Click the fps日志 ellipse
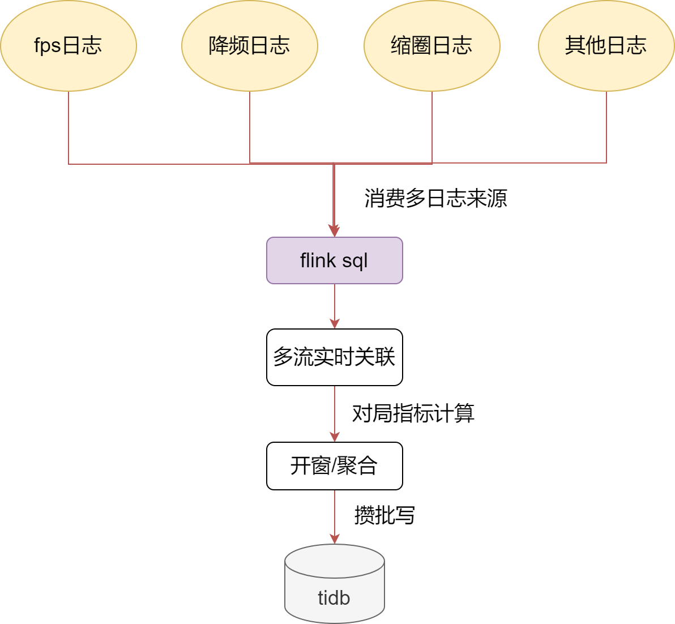pyautogui.click(x=69, y=45)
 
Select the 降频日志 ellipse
pyautogui.click(x=250, y=45)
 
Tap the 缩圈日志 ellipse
pyautogui.click(x=432, y=45)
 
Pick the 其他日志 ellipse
pyautogui.click(x=606, y=45)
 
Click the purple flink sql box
pyautogui.click(x=335, y=260)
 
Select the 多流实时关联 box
pyautogui.click(x=335, y=357)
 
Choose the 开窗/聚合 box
pyautogui.click(x=335, y=466)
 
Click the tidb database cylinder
pyautogui.click(x=335, y=583)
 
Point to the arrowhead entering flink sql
pyautogui.click(x=335, y=231)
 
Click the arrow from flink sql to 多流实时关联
pyautogui.click(x=335, y=306)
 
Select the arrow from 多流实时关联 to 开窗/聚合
pyautogui.click(x=335, y=413)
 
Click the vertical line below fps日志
pyautogui.click(x=69, y=127)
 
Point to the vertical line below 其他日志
pyautogui.click(x=606, y=127)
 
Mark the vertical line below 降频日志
pyautogui.click(x=250, y=127)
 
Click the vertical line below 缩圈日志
pyautogui.click(x=432, y=127)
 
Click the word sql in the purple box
pyautogui.click(x=355, y=261)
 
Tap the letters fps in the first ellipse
pyautogui.click(x=48, y=45)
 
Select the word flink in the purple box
pyautogui.click(x=318, y=260)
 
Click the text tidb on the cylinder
pyautogui.click(x=334, y=597)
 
